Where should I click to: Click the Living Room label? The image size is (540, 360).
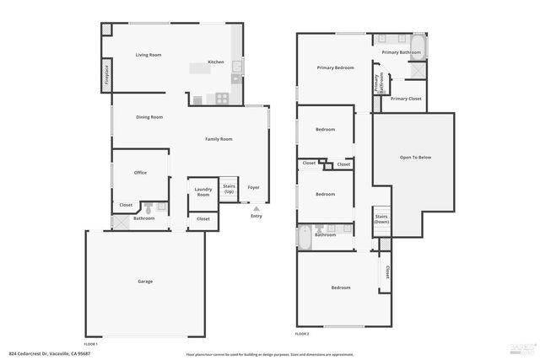coord(148,55)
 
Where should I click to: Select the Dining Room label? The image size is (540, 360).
coord(149,117)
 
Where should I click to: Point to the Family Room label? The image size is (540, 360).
coord(219,139)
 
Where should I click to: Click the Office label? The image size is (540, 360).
coord(140,173)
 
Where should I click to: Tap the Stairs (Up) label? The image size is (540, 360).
coord(229,190)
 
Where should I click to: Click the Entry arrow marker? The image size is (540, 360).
coord(256,208)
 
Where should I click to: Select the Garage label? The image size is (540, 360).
coord(145,281)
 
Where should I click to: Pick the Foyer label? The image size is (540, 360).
coord(254,187)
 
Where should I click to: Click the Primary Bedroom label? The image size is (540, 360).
coord(335,67)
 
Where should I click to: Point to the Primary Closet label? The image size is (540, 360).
coord(406,99)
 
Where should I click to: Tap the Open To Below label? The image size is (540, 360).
coord(415,158)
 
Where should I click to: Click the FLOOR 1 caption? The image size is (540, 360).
coord(90,344)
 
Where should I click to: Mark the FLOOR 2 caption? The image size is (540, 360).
coord(302,335)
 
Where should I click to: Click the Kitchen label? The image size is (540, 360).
coord(216,62)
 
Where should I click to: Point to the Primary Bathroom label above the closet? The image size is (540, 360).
coord(402,52)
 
